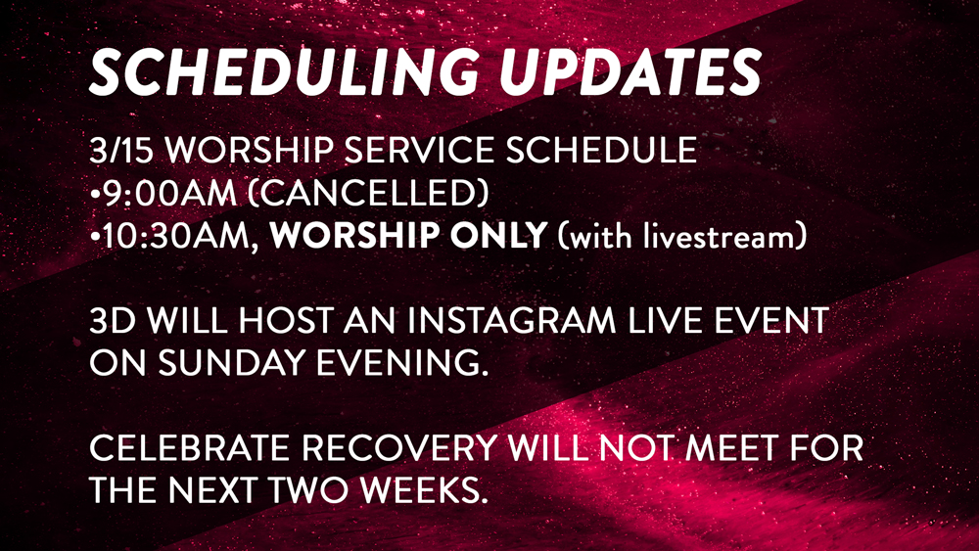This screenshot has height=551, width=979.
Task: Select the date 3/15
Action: click(121, 150)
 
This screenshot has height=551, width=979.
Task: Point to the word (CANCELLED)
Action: click(368, 193)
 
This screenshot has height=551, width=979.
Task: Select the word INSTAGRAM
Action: click(512, 320)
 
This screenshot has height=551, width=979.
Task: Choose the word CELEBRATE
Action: click(189, 448)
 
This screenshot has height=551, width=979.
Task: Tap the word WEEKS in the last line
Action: click(425, 490)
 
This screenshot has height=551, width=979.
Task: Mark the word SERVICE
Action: click(419, 151)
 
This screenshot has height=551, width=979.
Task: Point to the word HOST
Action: click(286, 320)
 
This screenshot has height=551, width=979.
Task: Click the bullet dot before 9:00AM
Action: click(94, 195)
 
